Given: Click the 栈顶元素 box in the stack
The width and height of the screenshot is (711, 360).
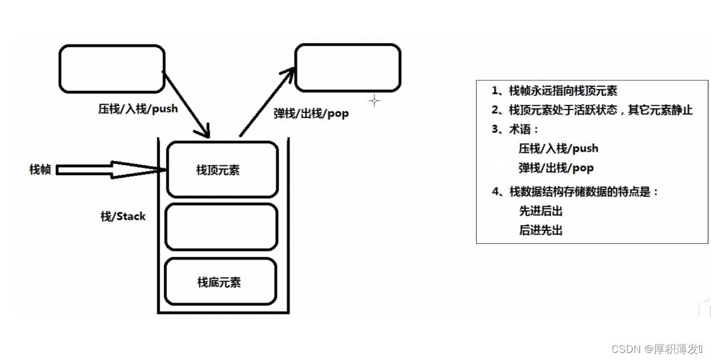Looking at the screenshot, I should (x=222, y=169).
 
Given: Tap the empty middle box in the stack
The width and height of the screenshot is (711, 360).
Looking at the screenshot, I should (x=221, y=227).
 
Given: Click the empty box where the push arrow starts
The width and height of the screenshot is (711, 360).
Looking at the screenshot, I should (x=111, y=69).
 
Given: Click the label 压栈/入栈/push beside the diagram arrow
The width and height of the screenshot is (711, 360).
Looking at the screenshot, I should (x=138, y=109).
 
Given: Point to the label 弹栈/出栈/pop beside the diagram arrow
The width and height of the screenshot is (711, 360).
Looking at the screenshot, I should (x=311, y=113).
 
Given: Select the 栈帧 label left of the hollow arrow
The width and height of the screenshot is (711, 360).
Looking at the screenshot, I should (x=40, y=170).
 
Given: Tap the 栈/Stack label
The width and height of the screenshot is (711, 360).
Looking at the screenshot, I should (x=123, y=216).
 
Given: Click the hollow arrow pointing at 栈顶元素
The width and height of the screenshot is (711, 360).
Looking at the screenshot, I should (x=112, y=170).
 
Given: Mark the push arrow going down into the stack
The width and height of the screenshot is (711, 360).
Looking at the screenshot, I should (x=186, y=104).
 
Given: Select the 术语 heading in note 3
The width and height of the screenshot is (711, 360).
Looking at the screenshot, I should (x=524, y=129).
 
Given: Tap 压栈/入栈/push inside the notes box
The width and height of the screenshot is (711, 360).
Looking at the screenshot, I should (x=558, y=149).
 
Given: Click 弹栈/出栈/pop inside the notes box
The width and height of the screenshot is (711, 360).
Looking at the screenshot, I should (x=556, y=168).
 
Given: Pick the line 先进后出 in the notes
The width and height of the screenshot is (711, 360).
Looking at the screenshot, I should (x=541, y=211).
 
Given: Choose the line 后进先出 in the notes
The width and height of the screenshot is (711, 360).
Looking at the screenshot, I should (x=541, y=230).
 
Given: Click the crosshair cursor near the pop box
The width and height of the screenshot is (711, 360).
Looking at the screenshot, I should (x=374, y=101).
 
